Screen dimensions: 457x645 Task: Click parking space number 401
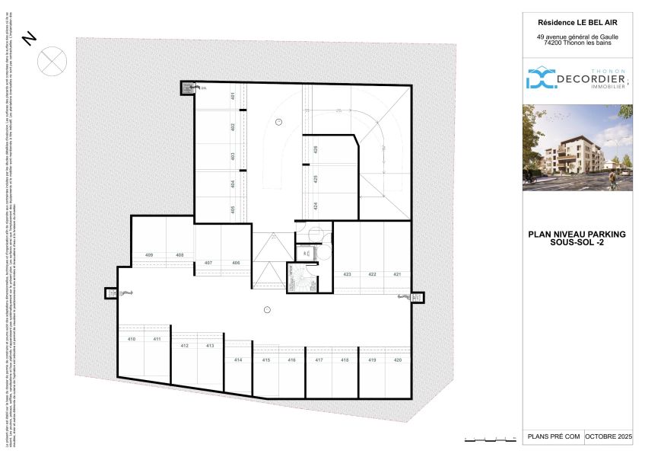[232, 96]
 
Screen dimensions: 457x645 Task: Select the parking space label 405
[232, 208]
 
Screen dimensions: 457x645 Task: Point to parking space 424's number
[315, 206]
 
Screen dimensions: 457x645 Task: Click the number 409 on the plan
[149, 254]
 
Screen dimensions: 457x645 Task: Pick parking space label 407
[208, 263]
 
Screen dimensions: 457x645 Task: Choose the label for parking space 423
[347, 274]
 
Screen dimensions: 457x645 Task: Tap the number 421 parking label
[397, 274]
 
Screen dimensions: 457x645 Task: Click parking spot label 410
[131, 338]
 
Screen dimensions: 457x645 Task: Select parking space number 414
[238, 360]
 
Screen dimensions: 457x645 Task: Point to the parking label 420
[397, 360]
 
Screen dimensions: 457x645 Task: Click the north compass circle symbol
[52, 61]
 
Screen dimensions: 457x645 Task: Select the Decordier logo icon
[542, 78]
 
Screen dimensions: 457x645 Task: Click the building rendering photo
[577, 148]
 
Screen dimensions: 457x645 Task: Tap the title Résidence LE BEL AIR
[577, 22]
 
